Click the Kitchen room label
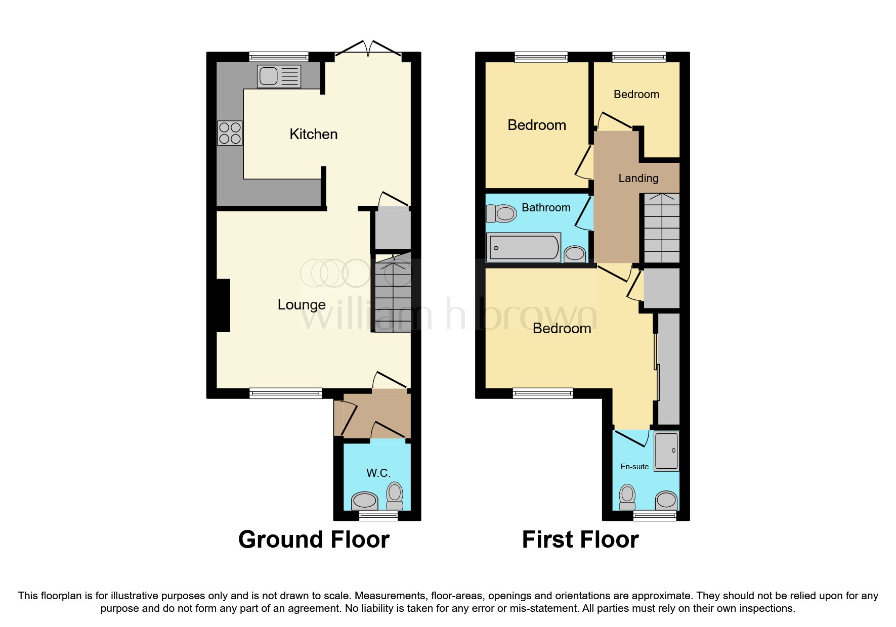313,134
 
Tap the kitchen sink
279,76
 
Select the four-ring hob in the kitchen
230,133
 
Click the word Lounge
302,304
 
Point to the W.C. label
378,473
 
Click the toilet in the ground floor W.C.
395,496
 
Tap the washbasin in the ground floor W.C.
365,501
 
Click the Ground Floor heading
314,540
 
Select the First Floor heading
580,540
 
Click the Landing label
638,178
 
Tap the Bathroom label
546,207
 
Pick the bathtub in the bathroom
524,247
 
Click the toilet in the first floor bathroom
501,213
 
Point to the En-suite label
634,467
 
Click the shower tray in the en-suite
666,451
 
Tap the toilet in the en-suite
627,497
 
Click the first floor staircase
661,228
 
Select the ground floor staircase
392,293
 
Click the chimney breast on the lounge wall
223,305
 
